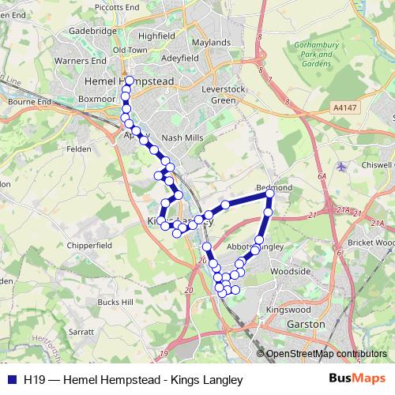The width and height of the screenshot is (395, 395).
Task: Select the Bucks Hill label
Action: click(x=115, y=302)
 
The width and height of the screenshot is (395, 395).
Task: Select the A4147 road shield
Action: click(x=344, y=107)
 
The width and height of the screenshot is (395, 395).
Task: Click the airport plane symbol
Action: click(x=341, y=167)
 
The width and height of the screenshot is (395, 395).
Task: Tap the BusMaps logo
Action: click(x=362, y=378)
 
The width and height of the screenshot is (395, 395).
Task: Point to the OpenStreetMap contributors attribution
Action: click(x=326, y=354)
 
